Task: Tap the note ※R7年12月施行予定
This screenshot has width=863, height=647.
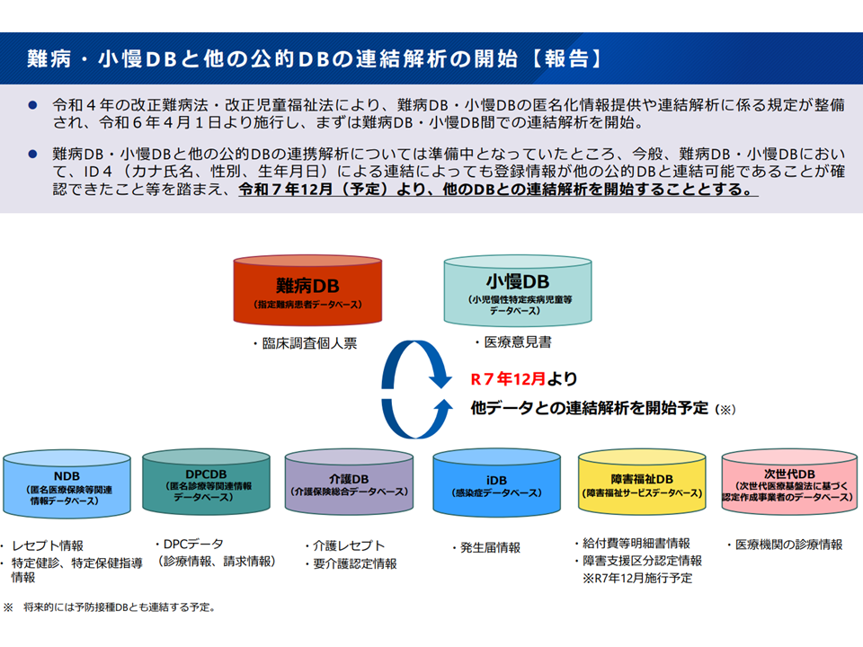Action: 638,578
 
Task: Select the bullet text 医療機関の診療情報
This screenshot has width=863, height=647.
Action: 784,545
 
